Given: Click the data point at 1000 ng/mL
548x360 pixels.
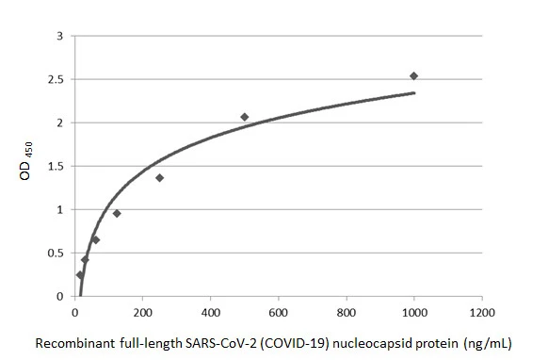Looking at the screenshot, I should (x=413, y=75).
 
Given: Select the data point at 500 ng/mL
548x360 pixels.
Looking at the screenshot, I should (x=244, y=117).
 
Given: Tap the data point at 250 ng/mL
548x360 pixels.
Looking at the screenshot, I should (x=159, y=177).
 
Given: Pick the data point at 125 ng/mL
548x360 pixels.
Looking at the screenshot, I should (x=117, y=213).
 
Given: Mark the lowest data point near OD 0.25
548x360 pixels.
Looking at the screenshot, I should (x=79, y=274).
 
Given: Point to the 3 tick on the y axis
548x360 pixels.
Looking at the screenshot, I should (x=60, y=37).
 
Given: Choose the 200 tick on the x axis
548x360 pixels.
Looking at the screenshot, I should (x=142, y=312).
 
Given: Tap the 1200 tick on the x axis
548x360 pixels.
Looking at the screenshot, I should (x=482, y=312).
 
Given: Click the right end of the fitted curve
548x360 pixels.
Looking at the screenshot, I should (x=413, y=92).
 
